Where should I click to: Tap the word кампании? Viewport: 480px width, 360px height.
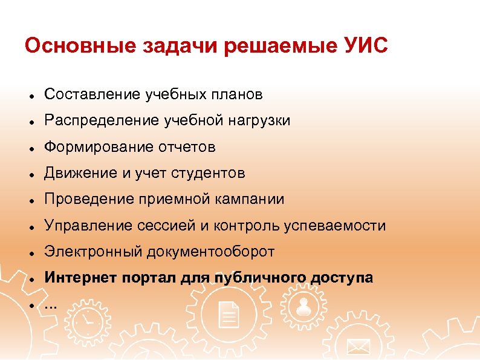point(253,200)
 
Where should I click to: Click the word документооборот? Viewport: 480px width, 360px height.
point(218,252)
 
